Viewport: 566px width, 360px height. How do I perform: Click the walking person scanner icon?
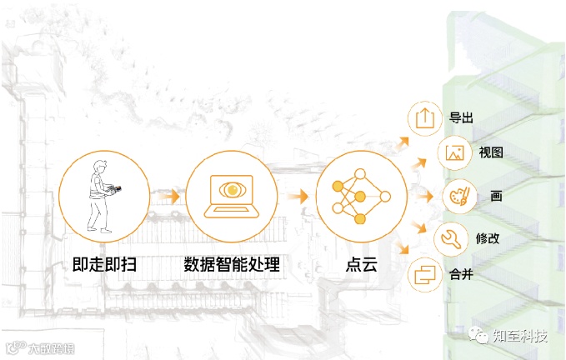tap(103, 197)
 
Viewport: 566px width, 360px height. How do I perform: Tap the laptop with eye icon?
tap(230, 197)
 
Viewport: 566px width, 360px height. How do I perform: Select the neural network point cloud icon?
tap(359, 197)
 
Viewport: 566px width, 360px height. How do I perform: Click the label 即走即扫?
tap(104, 266)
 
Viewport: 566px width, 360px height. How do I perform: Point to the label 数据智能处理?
tap(231, 266)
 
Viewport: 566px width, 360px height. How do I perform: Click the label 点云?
tap(360, 266)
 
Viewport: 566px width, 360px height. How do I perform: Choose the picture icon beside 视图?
tap(453, 152)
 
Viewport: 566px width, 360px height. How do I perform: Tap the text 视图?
tap(490, 153)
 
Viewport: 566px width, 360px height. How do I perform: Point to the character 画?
tap(495, 197)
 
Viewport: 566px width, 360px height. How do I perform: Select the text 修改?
tap(487, 238)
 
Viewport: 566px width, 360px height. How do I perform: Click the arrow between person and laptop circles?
tap(169, 197)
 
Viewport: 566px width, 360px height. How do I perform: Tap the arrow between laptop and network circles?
tap(294, 197)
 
